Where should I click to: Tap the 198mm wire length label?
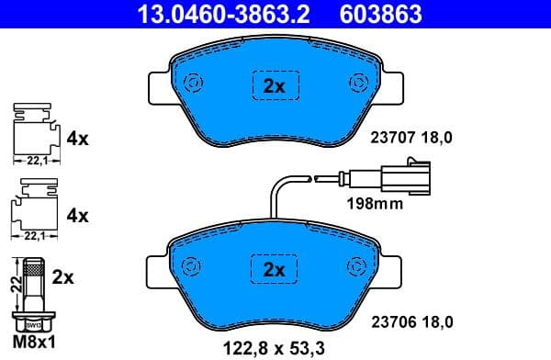point(375,204)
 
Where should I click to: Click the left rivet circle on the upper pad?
point(194,83)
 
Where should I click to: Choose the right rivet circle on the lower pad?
point(356,265)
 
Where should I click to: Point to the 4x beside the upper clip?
point(78,140)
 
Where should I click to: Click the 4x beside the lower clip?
point(78,217)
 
